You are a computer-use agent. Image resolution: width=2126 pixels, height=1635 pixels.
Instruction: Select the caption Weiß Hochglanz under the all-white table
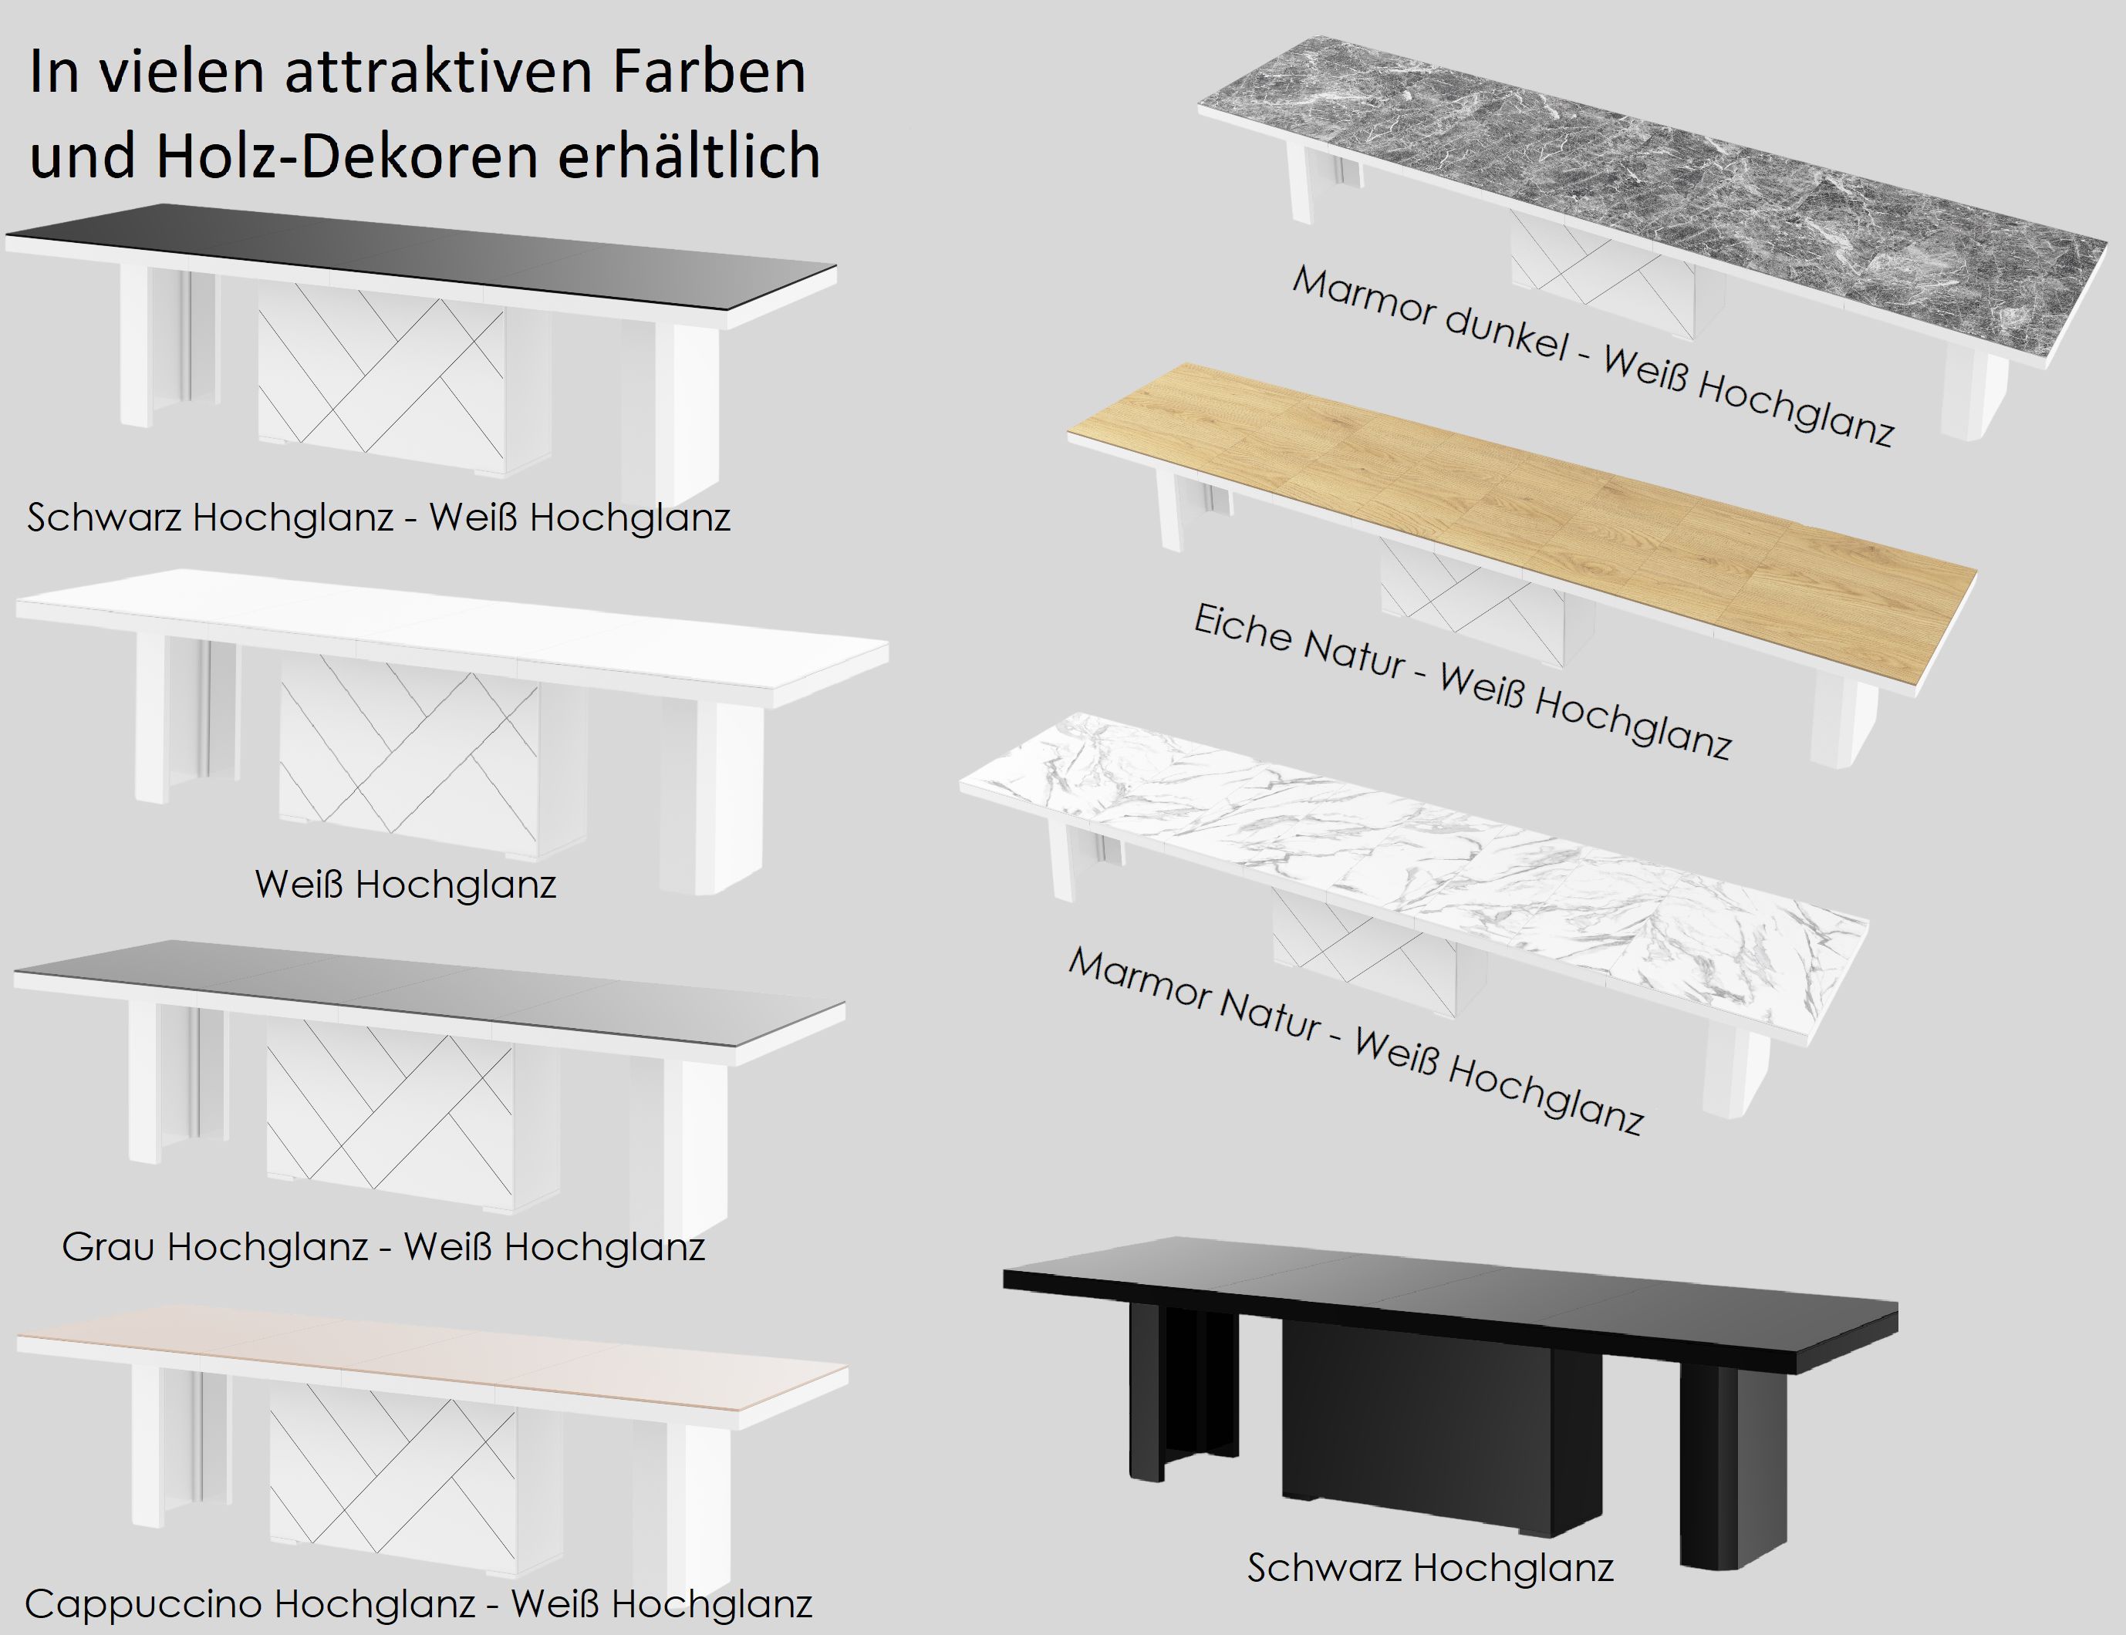pos(406,885)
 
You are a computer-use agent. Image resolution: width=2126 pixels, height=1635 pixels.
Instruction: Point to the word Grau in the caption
pos(108,1246)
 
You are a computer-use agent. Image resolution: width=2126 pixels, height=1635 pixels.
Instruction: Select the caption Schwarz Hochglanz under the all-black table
pos(1431,1568)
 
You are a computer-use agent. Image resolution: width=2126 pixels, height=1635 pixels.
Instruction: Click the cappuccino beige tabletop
pos(434,1360)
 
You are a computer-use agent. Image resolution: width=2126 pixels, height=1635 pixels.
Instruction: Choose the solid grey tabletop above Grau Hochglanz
pos(428,991)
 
